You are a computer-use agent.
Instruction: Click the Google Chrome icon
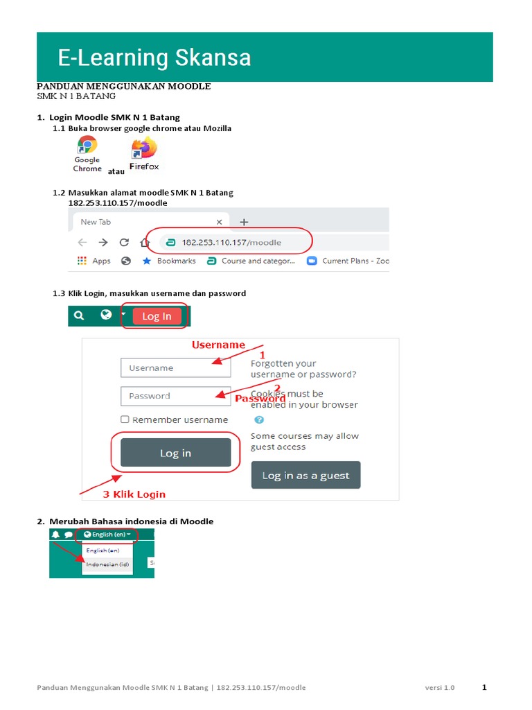pos(87,146)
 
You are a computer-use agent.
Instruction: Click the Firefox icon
pos(144,148)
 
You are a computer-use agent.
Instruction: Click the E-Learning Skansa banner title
pos(154,58)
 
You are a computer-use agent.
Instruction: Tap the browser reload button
pos(124,243)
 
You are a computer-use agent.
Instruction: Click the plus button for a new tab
pos(244,223)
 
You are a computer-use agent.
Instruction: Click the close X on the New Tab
pos(220,223)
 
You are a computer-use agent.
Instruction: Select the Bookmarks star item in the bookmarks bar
pos(169,261)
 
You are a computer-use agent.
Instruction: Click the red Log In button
pos(157,316)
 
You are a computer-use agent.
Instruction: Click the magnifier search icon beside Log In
pos(79,315)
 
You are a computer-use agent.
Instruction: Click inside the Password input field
pos(166,396)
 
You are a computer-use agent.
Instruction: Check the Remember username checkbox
pos(125,419)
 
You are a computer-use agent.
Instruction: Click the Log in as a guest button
pos(305,476)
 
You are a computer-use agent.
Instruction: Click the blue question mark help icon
pos(258,419)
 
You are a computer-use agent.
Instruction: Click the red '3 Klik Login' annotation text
pos(134,494)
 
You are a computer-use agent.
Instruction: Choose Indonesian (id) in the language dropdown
pos(107,564)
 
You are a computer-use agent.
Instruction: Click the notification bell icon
pos(55,535)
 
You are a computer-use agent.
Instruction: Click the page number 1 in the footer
pos(484,687)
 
